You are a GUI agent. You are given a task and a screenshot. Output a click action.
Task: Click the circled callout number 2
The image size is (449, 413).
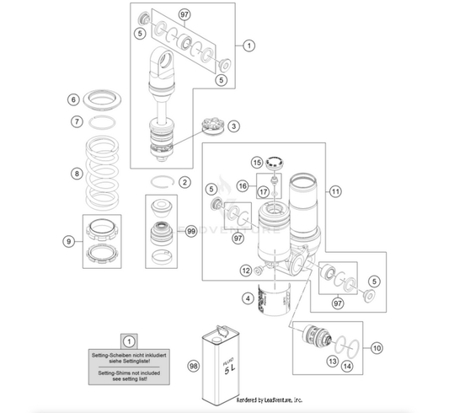pos(184,182)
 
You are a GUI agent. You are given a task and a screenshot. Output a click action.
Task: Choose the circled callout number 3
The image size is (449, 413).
pos(233,126)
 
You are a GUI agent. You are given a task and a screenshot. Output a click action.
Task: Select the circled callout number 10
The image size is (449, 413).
pos(376,346)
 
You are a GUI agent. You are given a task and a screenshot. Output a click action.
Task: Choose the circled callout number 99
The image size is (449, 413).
pos(192,230)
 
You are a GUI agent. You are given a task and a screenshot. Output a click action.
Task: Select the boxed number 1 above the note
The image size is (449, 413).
pos(129,341)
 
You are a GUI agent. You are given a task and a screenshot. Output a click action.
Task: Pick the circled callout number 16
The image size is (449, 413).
pos(241,185)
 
